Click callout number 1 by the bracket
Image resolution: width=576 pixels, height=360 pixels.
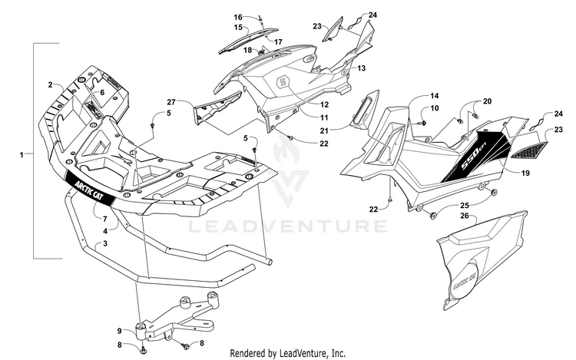(22, 154)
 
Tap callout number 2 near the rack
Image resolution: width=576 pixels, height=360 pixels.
(50, 84)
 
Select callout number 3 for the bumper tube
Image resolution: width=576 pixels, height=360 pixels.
(105, 243)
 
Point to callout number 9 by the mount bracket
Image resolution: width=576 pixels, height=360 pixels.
(119, 330)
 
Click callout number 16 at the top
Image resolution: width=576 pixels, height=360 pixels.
(237, 17)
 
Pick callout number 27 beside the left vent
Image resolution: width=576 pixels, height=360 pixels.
(171, 102)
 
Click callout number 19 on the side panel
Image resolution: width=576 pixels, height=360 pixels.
(525, 174)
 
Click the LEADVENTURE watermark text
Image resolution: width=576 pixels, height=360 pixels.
(288, 226)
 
